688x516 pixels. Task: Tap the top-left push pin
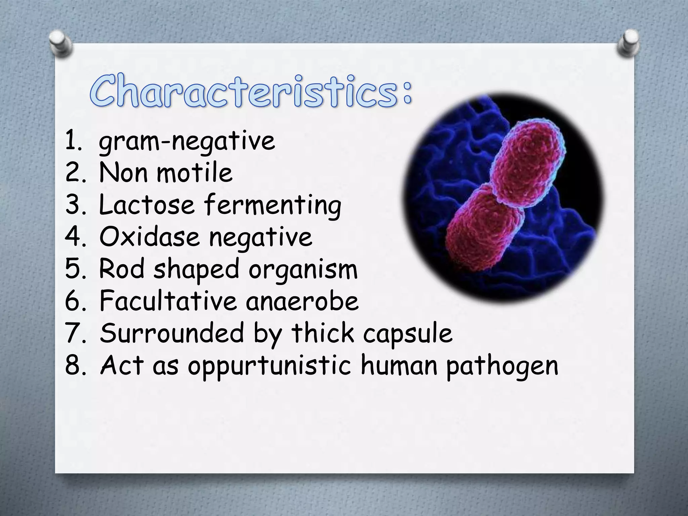[x=61, y=43]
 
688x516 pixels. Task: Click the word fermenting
[x=273, y=206]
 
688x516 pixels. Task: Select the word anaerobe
[x=302, y=301]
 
